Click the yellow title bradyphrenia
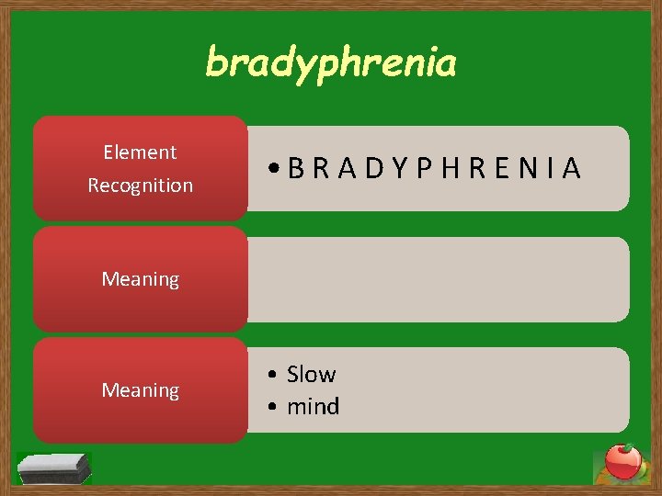[x=330, y=63]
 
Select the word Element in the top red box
[x=140, y=152]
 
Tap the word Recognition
[x=140, y=186]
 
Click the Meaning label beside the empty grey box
[x=140, y=279]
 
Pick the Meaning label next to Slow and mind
[x=140, y=391]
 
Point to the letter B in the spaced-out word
[x=296, y=169]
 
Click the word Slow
[x=312, y=375]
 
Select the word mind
[x=314, y=406]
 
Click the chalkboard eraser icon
[x=54, y=468]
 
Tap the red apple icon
[x=622, y=462]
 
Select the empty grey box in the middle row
[x=438, y=279]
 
